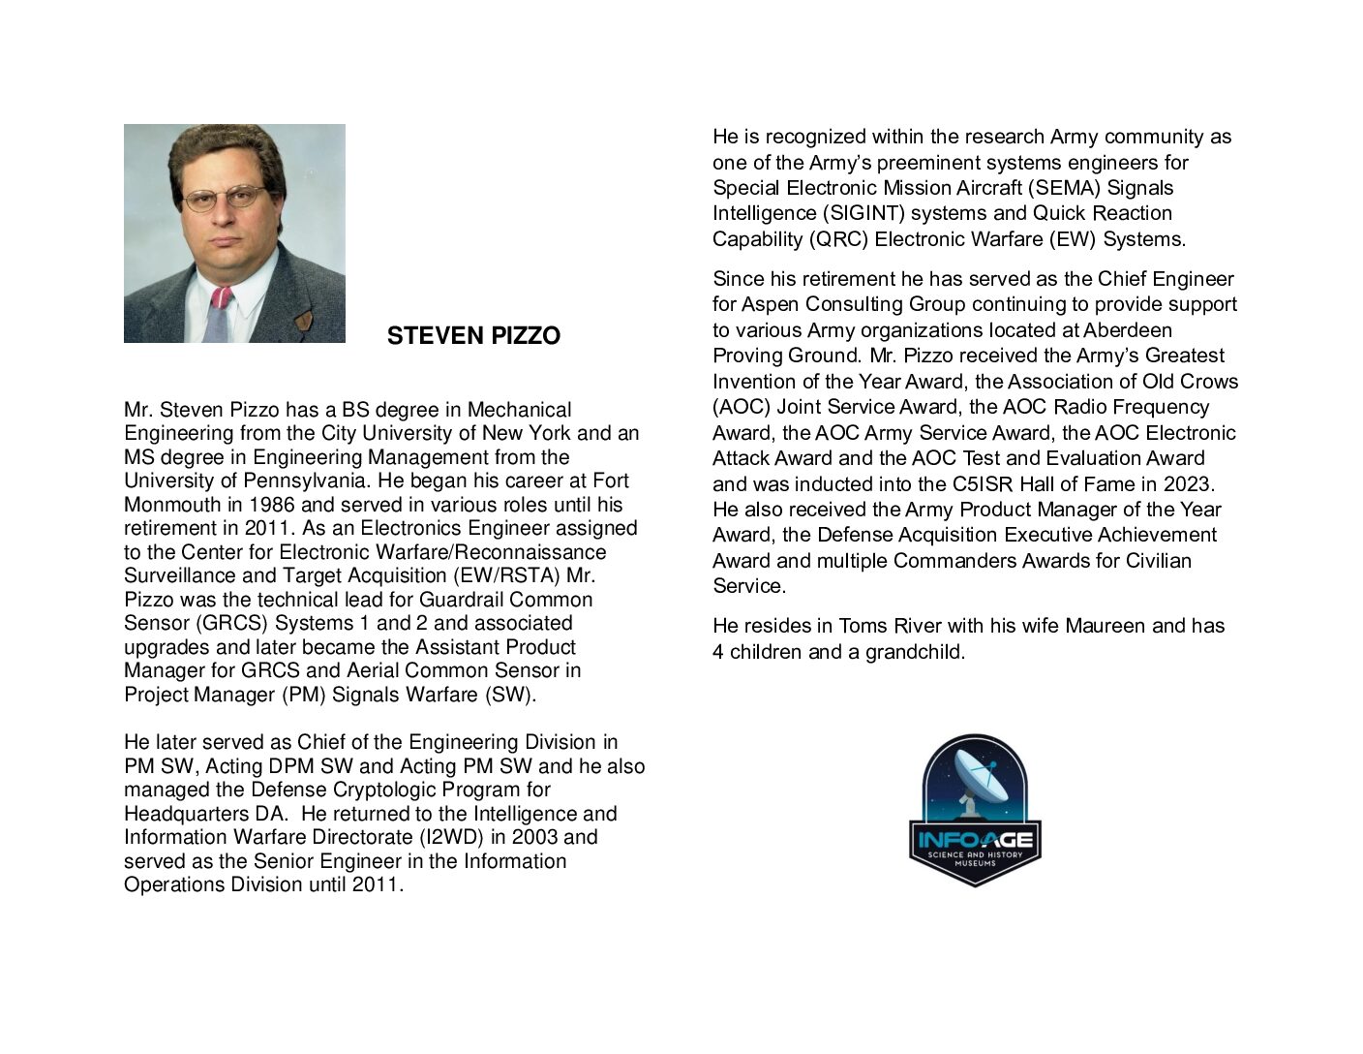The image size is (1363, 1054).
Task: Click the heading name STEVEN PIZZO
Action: coord(473,336)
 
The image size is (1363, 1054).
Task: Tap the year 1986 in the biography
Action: coord(273,505)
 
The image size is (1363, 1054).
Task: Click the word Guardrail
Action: coord(463,600)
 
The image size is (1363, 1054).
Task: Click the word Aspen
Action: coord(770,304)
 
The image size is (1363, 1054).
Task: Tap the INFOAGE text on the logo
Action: coord(975,839)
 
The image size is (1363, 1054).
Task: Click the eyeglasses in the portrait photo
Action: coord(225,199)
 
